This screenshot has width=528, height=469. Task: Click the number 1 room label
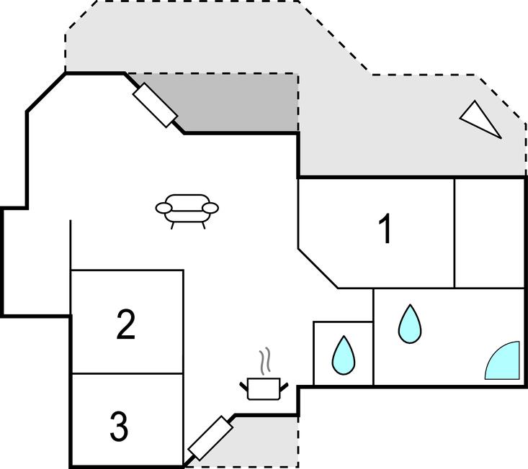[385, 229]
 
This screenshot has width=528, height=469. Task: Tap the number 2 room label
[126, 325]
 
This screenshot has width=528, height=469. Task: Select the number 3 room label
[120, 427]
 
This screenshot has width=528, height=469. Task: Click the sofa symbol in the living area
[187, 210]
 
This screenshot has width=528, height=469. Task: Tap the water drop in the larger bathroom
[409, 324]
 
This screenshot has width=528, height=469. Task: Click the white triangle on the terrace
[481, 118]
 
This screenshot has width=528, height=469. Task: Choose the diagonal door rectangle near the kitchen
[210, 437]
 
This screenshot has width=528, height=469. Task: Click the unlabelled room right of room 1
[490, 232]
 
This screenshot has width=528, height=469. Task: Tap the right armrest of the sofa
[210, 209]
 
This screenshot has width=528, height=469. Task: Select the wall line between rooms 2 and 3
[127, 373]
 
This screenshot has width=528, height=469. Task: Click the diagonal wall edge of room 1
[318, 268]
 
